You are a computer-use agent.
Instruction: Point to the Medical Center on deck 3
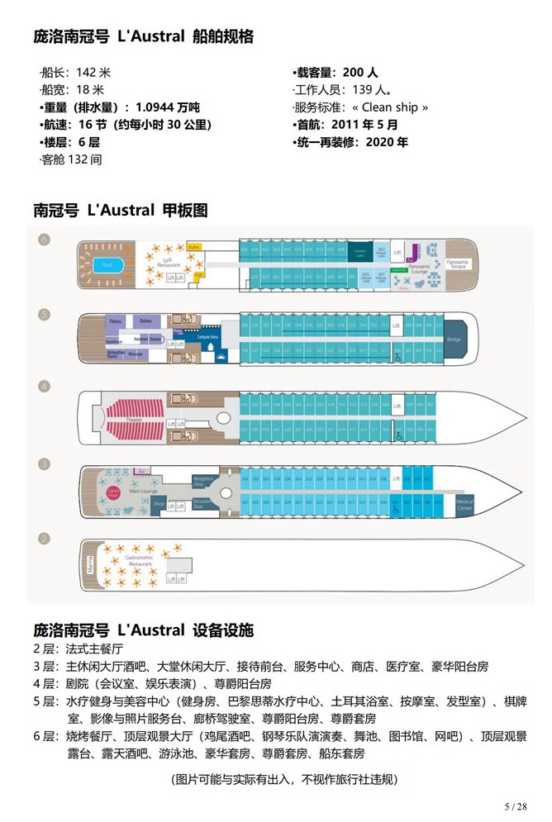pos(465,506)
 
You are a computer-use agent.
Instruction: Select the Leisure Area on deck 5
pos(207,337)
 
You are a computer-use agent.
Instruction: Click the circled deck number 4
pos(45,386)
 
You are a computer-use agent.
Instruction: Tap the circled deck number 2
pos(45,539)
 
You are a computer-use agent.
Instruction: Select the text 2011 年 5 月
pos(369,125)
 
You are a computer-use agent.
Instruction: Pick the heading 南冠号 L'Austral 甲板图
pos(121,210)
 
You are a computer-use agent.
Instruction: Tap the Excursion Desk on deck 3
pos(203,502)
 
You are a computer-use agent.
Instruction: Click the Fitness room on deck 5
pos(115,321)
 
